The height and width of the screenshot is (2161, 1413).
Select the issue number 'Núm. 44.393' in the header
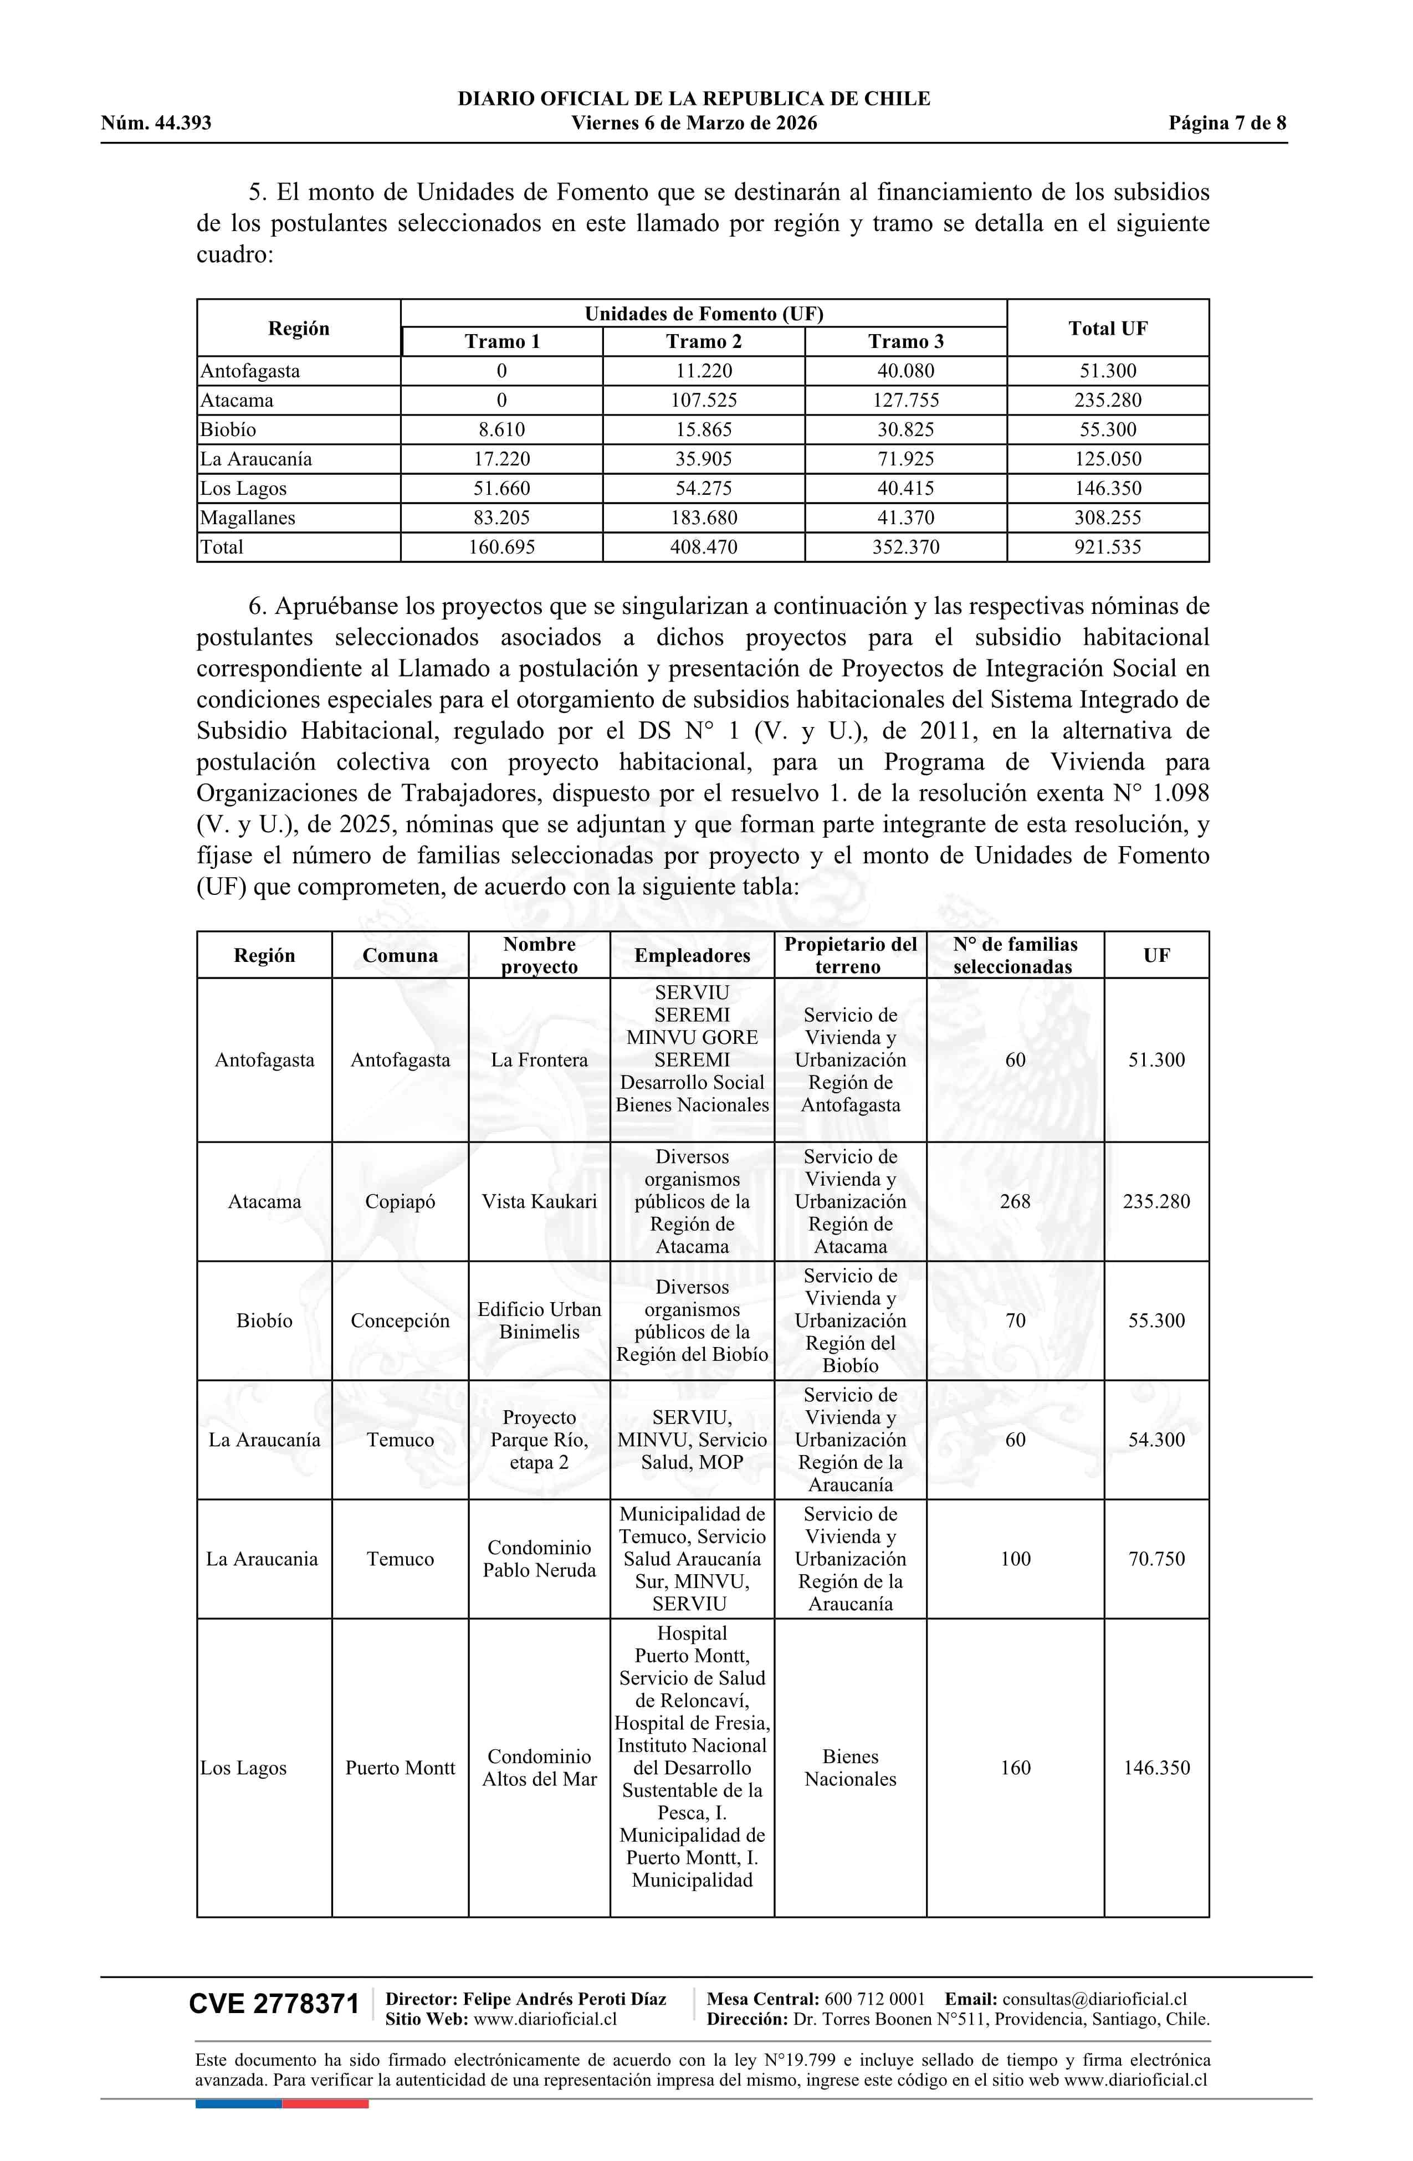click(x=156, y=124)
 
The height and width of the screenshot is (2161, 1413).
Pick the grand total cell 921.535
click(x=1107, y=546)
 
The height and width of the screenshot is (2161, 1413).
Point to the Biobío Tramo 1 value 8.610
click(x=501, y=429)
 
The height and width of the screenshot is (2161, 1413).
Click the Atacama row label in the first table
click(x=237, y=401)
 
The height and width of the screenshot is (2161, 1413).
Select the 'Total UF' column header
click(x=1107, y=328)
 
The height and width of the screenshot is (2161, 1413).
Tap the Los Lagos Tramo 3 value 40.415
click(x=905, y=489)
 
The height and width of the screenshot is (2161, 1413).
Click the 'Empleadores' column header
click(x=692, y=955)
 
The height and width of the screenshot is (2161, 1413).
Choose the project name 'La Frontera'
click(x=539, y=1059)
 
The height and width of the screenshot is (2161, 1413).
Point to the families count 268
click(x=1015, y=1201)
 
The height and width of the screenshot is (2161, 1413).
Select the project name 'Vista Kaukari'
click(x=539, y=1201)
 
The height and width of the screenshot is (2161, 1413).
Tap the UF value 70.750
click(x=1156, y=1559)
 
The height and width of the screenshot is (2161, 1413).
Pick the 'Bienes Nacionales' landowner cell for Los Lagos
click(x=850, y=1768)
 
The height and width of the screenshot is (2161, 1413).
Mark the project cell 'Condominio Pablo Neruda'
click(x=539, y=1559)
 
